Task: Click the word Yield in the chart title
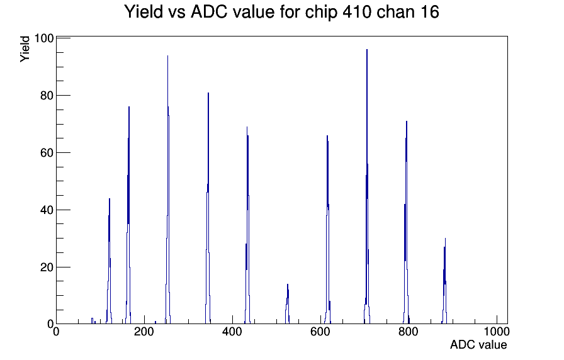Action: pyautogui.click(x=144, y=12)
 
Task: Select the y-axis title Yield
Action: pyautogui.click(x=25, y=49)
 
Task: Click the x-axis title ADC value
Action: pyautogui.click(x=478, y=344)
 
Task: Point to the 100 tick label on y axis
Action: pyautogui.click(x=44, y=38)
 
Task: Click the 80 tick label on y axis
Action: pyautogui.click(x=47, y=96)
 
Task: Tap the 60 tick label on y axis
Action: pyautogui.click(x=47, y=153)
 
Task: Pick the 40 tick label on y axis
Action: pyautogui.click(x=47, y=210)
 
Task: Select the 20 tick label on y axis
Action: pyautogui.click(x=47, y=267)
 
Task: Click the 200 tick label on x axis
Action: pyautogui.click(x=144, y=332)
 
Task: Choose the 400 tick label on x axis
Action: pyautogui.click(x=232, y=332)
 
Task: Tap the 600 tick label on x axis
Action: pyautogui.click(x=320, y=332)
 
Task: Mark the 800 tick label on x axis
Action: pyautogui.click(x=409, y=332)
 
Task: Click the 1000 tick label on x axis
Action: pyautogui.click(x=497, y=332)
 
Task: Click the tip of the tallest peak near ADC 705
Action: pyautogui.click(x=367, y=49)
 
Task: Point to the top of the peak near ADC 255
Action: pyautogui.click(x=167, y=55)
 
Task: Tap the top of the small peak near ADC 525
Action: pyautogui.click(x=288, y=284)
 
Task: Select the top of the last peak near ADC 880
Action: pyautogui.click(x=445, y=238)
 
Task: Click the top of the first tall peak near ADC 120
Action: pyautogui.click(x=110, y=198)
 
